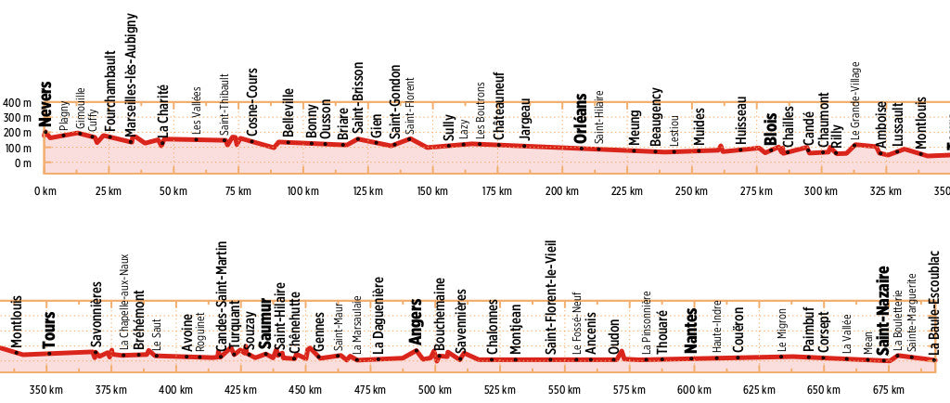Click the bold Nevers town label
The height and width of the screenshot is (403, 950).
[45, 103]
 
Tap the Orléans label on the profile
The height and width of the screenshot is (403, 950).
[581, 117]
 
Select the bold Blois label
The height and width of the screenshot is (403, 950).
[770, 128]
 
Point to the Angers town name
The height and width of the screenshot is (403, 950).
[417, 320]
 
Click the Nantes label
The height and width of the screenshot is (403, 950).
[690, 331]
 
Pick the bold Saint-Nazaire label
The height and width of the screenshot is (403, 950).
[884, 311]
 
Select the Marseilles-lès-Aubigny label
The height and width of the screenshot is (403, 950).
[131, 75]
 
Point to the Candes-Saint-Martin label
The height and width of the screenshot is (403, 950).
[222, 296]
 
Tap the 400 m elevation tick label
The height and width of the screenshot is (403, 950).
[17, 102]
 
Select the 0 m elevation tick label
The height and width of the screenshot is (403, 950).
[24, 163]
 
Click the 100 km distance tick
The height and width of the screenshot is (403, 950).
[302, 191]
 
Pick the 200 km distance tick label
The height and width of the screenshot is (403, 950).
[562, 191]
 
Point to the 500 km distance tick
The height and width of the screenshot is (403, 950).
[429, 390]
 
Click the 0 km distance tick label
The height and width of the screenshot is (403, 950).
[45, 191]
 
